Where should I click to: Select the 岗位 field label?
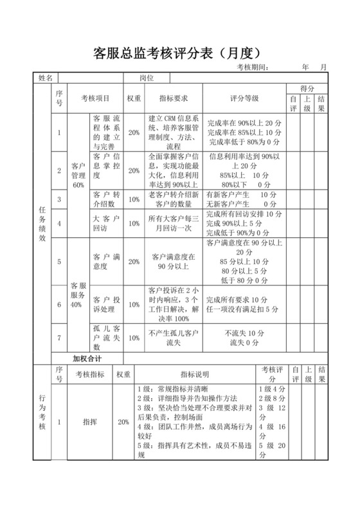coord(147,78)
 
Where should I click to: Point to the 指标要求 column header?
coord(174,99)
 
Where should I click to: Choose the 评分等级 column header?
coord(244,99)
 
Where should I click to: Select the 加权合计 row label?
coord(87,357)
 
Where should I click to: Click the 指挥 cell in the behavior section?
coord(90,422)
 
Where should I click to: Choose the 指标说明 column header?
coord(194,374)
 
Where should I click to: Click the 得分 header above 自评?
coord(307,88)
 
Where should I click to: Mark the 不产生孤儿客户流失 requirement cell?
coord(174,337)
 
